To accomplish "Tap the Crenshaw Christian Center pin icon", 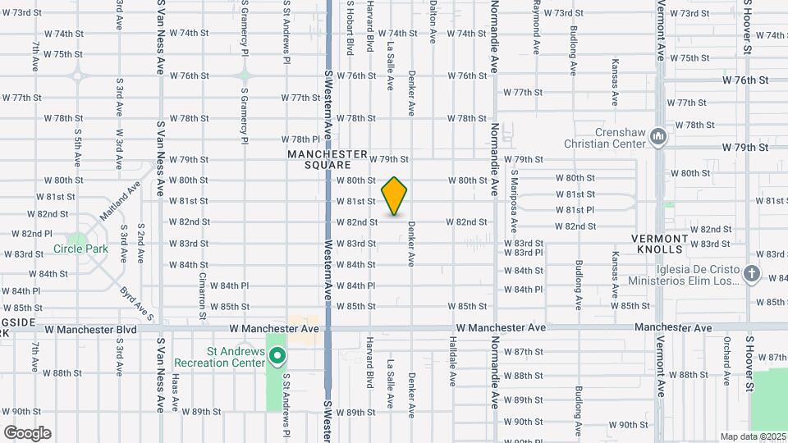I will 657,136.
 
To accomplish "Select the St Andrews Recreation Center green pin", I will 277,356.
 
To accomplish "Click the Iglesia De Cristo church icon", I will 751,274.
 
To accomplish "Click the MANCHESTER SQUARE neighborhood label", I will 327,159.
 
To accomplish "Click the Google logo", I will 27,432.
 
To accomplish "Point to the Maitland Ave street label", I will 120,199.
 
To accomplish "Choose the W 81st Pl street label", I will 575,210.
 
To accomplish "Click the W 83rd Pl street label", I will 523,253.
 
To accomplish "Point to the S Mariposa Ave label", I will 515,195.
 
